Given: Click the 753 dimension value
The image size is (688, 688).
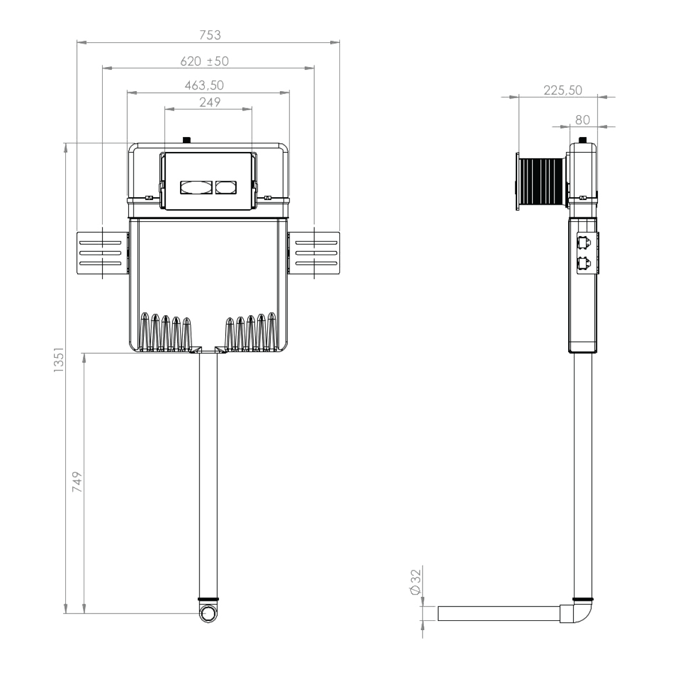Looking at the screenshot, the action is point(210,35).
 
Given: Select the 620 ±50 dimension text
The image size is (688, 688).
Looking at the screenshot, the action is point(204,61).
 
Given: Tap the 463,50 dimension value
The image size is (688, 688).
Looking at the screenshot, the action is point(204,85).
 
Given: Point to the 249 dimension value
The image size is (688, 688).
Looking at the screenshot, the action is point(210,103).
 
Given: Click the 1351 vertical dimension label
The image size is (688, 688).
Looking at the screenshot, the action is point(58,359).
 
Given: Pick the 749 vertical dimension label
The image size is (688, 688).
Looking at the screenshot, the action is point(77,482).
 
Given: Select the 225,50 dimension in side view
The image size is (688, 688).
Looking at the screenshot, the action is point(562,91).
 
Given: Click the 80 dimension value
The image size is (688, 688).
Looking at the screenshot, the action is point(583,120).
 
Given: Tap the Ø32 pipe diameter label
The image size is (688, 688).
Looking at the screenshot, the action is point(416,582).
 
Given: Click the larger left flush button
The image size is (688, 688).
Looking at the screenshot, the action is point(196,187).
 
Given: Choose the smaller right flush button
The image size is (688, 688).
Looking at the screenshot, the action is point(226,187).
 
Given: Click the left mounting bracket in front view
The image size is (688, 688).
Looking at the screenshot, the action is point(103,253).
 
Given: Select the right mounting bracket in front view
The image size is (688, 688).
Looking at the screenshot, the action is point(314,253).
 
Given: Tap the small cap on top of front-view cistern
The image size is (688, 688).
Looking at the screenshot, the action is point(186,139).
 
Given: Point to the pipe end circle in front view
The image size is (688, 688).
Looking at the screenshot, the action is point(208,613).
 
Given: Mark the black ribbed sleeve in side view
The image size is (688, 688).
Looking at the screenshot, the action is point(541,182).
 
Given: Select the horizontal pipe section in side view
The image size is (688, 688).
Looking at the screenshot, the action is point(499,613).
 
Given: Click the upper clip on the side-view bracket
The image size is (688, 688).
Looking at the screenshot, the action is point(584,243).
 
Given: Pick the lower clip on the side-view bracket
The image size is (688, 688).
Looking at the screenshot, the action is point(584,264).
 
